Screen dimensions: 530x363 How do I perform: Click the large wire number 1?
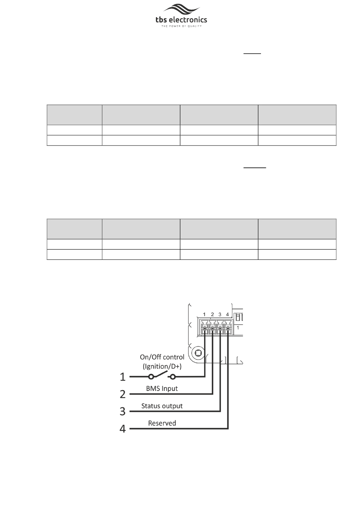pos(123,377)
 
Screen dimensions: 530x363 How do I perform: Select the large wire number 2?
pos(123,394)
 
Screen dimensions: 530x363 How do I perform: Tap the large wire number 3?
pos(123,411)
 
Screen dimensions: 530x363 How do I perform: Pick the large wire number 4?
pos(123,429)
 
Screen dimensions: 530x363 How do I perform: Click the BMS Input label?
pos(162,389)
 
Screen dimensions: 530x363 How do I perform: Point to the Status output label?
pos(162,406)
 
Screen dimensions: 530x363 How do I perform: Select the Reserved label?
pos(162,423)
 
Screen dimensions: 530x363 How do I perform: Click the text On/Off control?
pos(162,357)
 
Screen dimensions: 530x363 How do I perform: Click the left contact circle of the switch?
pos(151,377)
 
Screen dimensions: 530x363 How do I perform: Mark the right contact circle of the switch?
pos(173,377)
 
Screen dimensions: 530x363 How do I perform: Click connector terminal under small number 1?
pos(205,328)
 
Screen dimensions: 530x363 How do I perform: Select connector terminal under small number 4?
pos(228,328)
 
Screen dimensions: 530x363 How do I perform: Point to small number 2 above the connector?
pos(212,314)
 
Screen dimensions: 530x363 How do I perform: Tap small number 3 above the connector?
pos(220,314)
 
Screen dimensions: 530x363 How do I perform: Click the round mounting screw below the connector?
pos(198,352)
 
